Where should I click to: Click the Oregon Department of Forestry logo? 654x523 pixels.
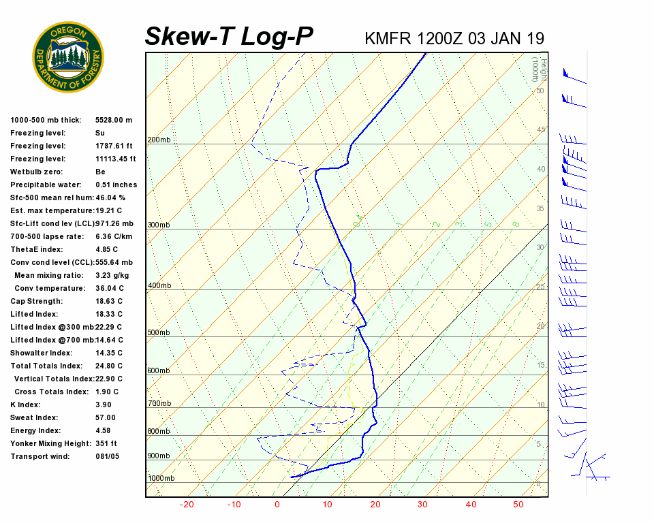click(68, 57)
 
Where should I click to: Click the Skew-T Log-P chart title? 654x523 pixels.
click(229, 36)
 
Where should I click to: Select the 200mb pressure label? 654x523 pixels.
click(159, 140)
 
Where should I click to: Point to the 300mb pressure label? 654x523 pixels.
click(159, 225)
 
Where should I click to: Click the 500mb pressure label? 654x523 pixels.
click(159, 333)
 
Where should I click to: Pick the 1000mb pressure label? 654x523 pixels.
click(161, 479)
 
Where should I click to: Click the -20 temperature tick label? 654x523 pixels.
click(187, 505)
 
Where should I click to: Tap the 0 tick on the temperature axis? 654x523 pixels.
click(277, 505)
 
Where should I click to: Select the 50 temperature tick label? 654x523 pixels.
click(518, 505)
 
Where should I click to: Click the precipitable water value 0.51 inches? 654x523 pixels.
click(116, 185)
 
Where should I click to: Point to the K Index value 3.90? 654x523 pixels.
click(104, 405)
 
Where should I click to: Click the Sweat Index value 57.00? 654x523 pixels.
click(106, 417)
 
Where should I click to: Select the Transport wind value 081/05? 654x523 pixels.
click(108, 456)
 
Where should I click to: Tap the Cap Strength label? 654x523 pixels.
click(37, 301)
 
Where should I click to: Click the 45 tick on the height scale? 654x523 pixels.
click(541, 130)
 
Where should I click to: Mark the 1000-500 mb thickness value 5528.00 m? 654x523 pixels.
click(114, 120)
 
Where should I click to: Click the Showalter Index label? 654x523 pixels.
click(42, 353)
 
